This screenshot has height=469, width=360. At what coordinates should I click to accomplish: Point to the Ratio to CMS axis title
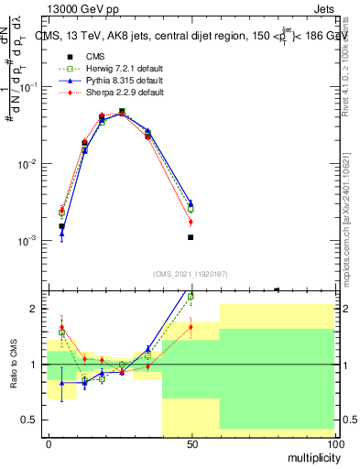click(14, 365)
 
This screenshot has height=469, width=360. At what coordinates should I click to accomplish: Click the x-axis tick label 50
click(191, 443)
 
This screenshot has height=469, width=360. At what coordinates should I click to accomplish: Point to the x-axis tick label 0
click(49, 443)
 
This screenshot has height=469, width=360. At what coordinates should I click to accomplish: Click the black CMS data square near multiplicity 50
click(191, 237)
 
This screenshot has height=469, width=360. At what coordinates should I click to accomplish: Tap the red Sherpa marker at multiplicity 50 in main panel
click(191, 222)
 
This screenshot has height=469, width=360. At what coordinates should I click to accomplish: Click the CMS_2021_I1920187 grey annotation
click(190, 273)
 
